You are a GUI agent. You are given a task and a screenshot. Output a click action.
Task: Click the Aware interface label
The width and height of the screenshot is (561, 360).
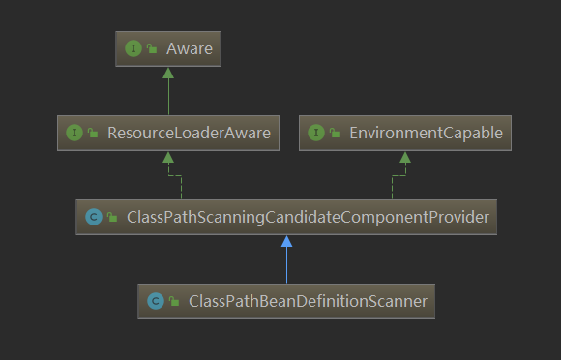(x=189, y=47)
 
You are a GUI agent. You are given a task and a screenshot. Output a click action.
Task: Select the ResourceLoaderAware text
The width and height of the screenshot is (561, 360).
(x=189, y=133)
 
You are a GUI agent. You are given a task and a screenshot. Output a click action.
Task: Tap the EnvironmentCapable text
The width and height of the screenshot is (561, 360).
(x=426, y=133)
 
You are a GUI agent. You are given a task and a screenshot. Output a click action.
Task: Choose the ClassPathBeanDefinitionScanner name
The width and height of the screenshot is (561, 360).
(x=309, y=301)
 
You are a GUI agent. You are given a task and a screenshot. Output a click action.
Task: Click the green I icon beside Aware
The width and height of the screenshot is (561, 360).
(x=133, y=47)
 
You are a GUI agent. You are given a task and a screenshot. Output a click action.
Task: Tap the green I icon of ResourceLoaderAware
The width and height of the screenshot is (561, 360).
(x=73, y=133)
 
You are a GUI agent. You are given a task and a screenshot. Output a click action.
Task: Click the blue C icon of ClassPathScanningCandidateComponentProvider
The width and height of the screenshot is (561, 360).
(x=93, y=217)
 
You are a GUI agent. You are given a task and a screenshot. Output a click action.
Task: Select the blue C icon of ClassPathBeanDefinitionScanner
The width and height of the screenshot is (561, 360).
(x=155, y=301)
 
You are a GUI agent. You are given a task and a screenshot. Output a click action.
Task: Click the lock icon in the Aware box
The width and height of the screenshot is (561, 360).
(x=152, y=48)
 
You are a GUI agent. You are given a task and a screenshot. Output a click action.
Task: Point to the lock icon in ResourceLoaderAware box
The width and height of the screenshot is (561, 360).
(x=93, y=134)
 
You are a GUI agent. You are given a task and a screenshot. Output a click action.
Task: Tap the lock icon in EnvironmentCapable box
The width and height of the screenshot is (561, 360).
(x=334, y=134)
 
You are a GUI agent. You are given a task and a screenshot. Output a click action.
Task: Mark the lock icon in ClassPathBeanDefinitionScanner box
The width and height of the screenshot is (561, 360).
(x=174, y=302)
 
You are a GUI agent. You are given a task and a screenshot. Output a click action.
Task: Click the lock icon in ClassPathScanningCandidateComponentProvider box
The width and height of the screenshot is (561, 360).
(x=112, y=218)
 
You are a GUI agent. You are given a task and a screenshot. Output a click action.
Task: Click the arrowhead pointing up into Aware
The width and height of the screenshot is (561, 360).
(x=168, y=74)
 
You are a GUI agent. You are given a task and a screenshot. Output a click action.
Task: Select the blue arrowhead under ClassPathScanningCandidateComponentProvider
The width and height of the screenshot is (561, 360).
(x=286, y=242)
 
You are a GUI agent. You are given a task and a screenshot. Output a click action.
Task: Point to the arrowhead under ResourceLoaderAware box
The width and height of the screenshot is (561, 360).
(x=168, y=158)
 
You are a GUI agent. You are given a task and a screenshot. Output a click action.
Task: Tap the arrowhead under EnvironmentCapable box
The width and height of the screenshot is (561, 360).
(x=404, y=158)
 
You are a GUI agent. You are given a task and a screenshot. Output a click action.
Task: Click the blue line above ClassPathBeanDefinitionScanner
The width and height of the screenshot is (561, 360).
(x=286, y=266)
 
